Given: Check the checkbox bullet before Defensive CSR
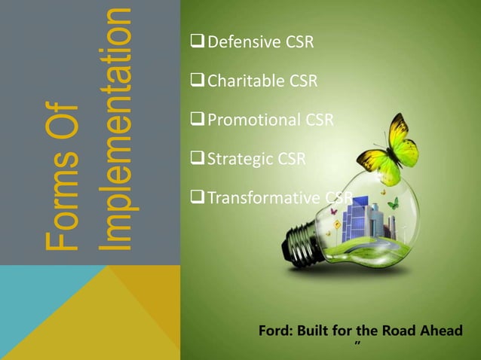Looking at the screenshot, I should pyautogui.click(x=199, y=41).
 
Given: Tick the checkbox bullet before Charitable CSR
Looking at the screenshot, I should pyautogui.click(x=199, y=81).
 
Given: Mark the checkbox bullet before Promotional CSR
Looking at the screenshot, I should pyautogui.click(x=199, y=120).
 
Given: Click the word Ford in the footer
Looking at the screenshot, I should pyautogui.click(x=276, y=331).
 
